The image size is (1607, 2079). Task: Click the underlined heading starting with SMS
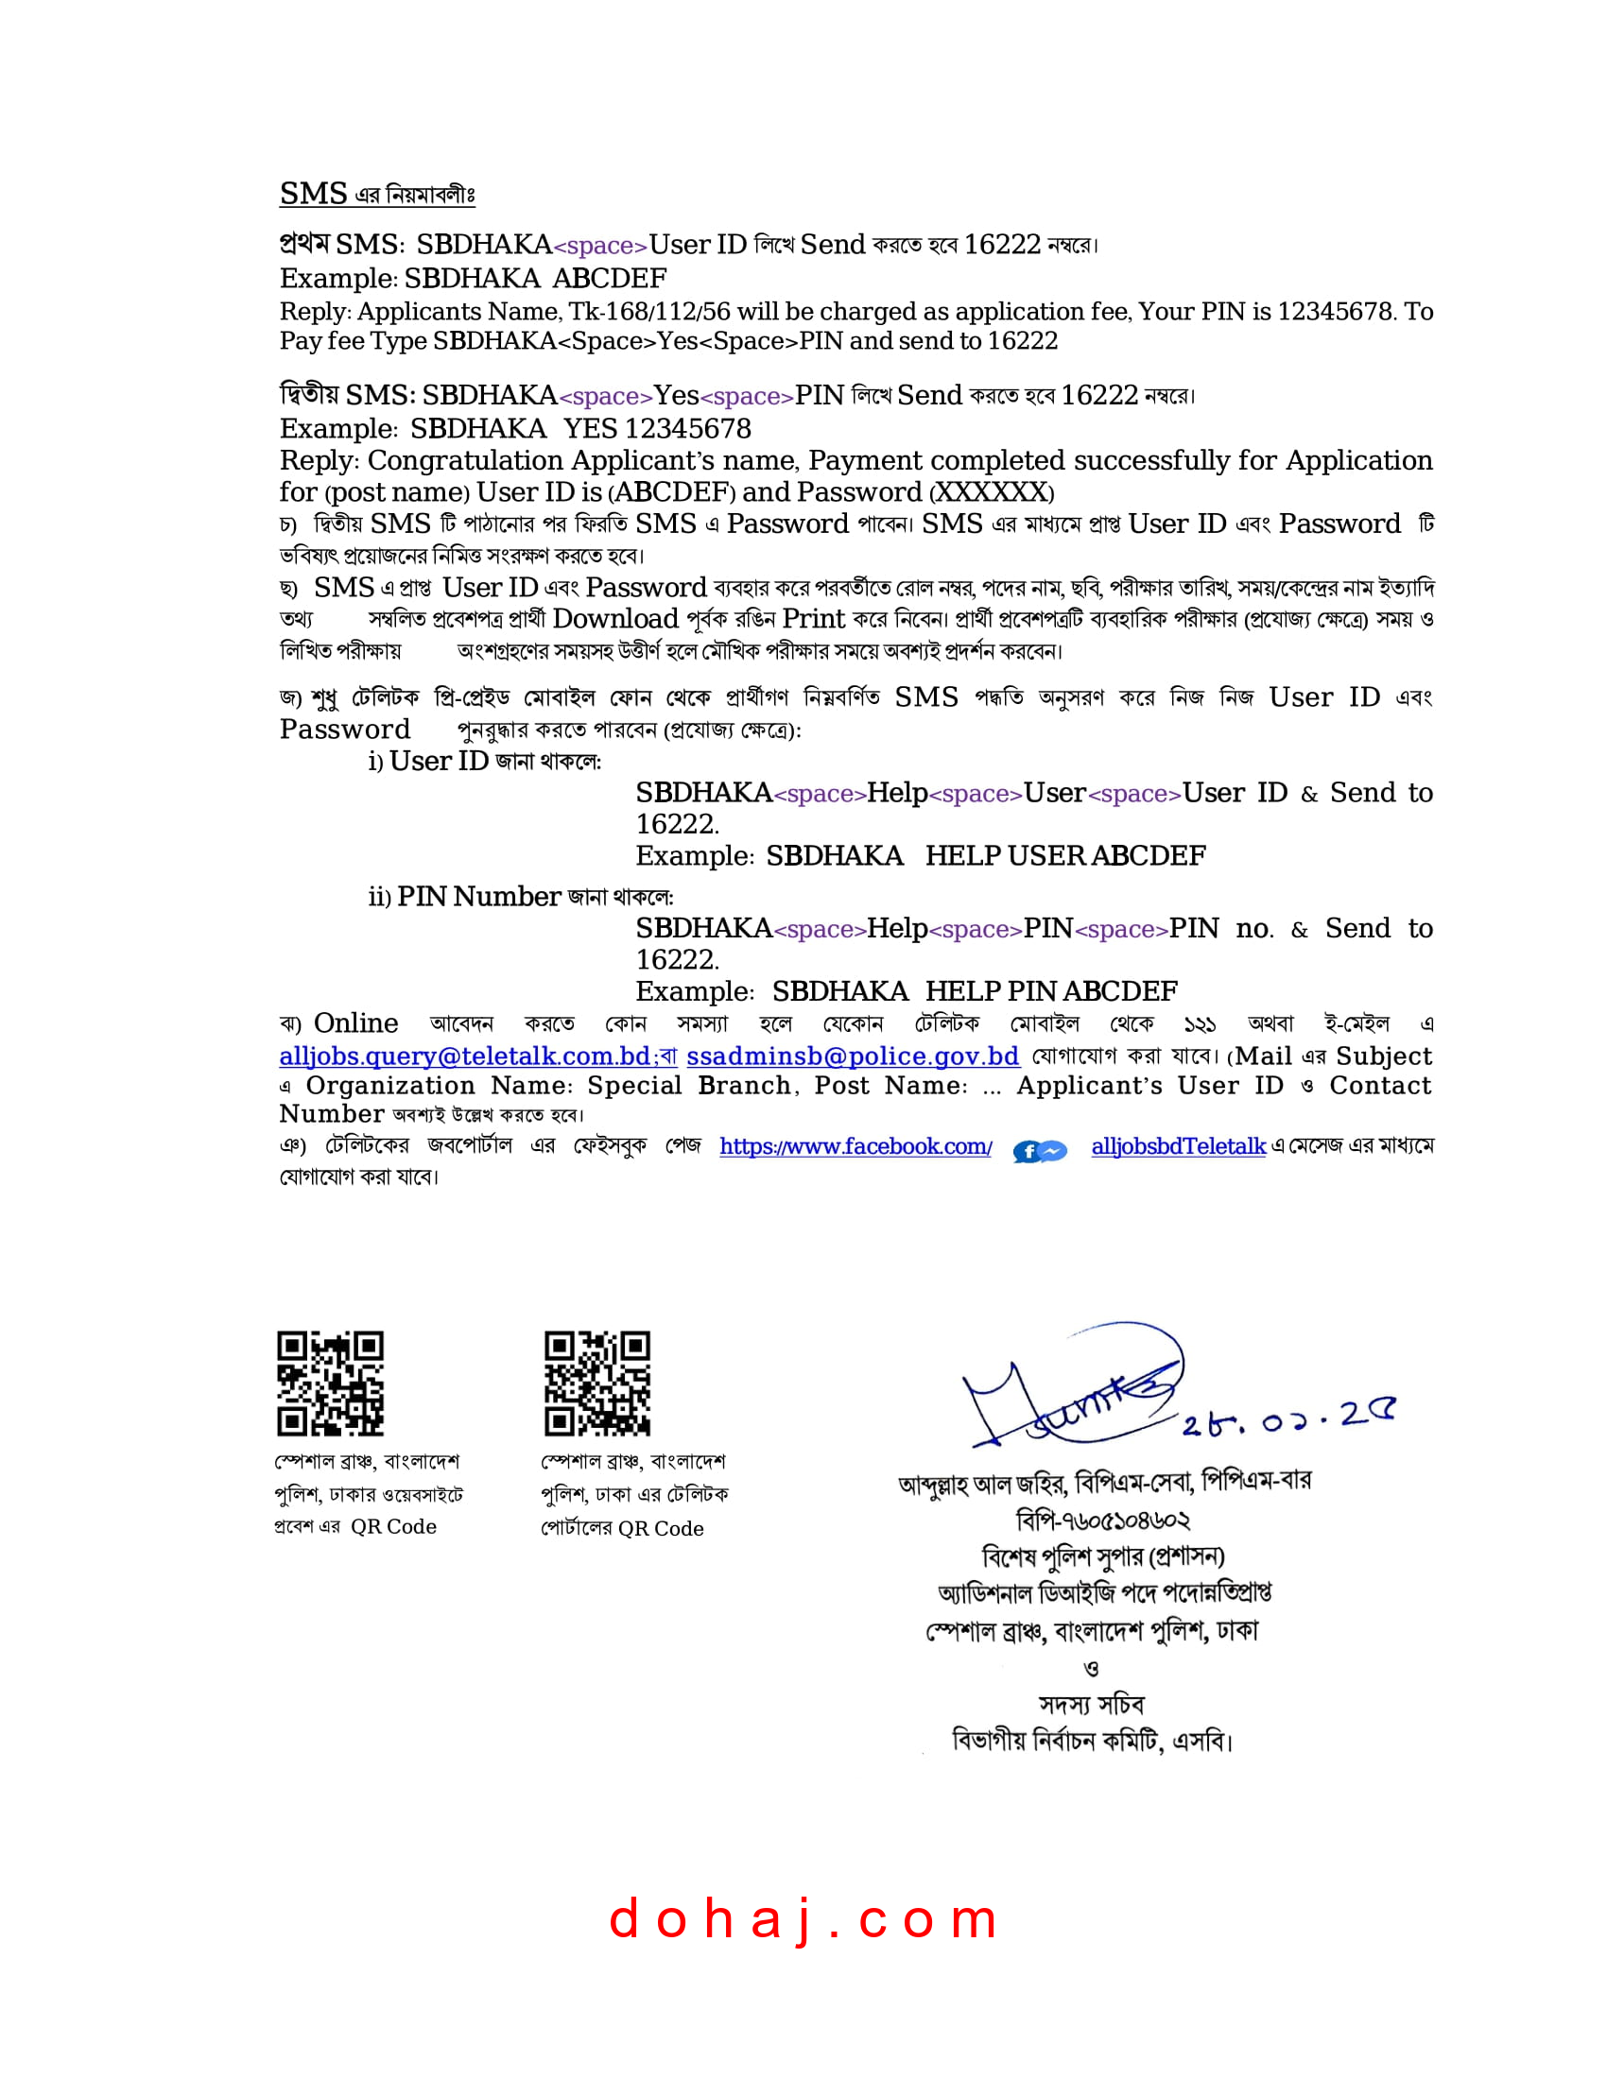[x=377, y=194]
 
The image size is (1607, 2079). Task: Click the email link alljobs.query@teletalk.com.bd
[x=464, y=1057]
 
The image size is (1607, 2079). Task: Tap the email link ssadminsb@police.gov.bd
[x=853, y=1057]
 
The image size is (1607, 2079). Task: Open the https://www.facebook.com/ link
[x=855, y=1146]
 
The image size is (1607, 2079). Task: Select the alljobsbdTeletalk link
[x=1179, y=1146]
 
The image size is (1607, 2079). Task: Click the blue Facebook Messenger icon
[x=1040, y=1151]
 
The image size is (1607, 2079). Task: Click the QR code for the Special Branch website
[x=330, y=1383]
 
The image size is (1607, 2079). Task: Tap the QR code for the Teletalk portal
[x=596, y=1383]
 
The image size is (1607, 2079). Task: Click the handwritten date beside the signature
[x=1287, y=1420]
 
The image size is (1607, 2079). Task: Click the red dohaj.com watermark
[x=803, y=1918]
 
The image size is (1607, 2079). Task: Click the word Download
[x=615, y=619]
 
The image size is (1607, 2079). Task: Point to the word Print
[x=813, y=619]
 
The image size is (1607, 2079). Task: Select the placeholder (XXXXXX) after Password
[x=992, y=492]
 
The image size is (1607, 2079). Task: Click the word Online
[x=356, y=1023]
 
